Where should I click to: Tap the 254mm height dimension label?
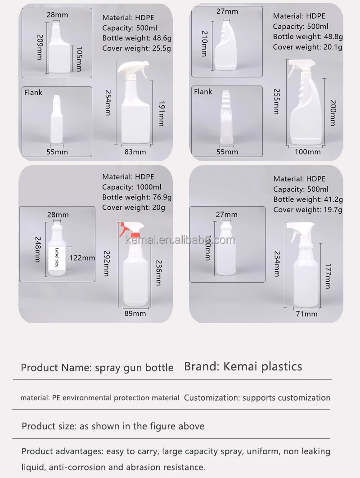coord(108,103)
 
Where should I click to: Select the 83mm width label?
coord(135,152)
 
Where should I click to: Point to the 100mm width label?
coord(308,152)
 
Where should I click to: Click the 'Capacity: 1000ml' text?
coord(132,187)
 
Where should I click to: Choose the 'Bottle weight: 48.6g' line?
coord(137,38)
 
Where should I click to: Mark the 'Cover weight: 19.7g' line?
coord(308,210)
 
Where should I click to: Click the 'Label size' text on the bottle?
coord(57,258)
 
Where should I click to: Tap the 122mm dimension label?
coord(82,258)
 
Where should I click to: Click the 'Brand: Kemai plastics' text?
coord(243,366)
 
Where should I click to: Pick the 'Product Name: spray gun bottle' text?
coord(97,368)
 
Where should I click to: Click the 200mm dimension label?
coord(333,113)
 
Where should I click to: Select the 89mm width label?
coord(135,313)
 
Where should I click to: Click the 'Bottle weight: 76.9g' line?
coord(137,197)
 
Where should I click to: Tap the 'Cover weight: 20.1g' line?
coord(308,47)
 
